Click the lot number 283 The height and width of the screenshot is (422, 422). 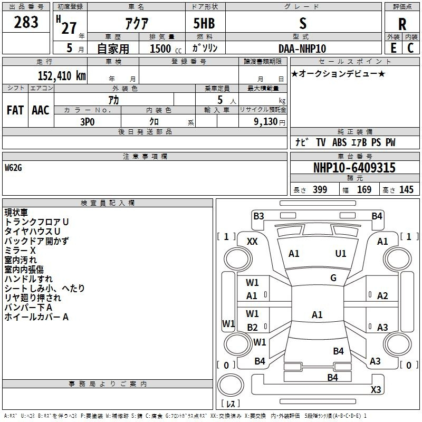(26, 22)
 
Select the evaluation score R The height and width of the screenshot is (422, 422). (402, 24)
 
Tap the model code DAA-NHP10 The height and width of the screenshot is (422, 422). (302, 49)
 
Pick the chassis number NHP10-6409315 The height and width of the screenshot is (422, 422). (354, 168)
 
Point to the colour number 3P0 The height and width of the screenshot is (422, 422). (88, 121)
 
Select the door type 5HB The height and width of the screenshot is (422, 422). (204, 24)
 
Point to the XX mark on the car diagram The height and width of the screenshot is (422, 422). (253, 241)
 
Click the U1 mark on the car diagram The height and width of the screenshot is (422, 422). (341, 254)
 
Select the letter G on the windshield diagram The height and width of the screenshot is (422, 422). (333, 278)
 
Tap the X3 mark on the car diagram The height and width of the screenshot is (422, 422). (376, 389)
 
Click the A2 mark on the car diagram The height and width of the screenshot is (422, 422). (383, 296)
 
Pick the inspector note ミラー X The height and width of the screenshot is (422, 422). (20, 250)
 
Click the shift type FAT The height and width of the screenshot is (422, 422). (15, 110)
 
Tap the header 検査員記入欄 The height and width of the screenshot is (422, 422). (108, 203)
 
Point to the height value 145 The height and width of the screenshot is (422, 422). (406, 190)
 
